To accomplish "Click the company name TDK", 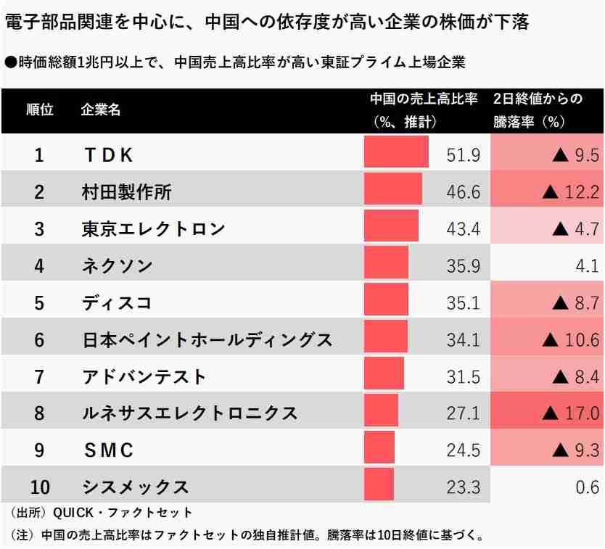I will point(108,155).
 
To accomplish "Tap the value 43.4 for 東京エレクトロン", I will point(463,229).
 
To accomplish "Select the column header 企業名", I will point(101,111).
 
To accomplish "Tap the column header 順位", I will point(39,111).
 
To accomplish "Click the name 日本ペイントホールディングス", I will point(207,339).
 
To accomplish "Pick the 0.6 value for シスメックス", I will point(587,487).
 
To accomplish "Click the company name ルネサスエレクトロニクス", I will point(189,413).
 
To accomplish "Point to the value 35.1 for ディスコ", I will point(463,303).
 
